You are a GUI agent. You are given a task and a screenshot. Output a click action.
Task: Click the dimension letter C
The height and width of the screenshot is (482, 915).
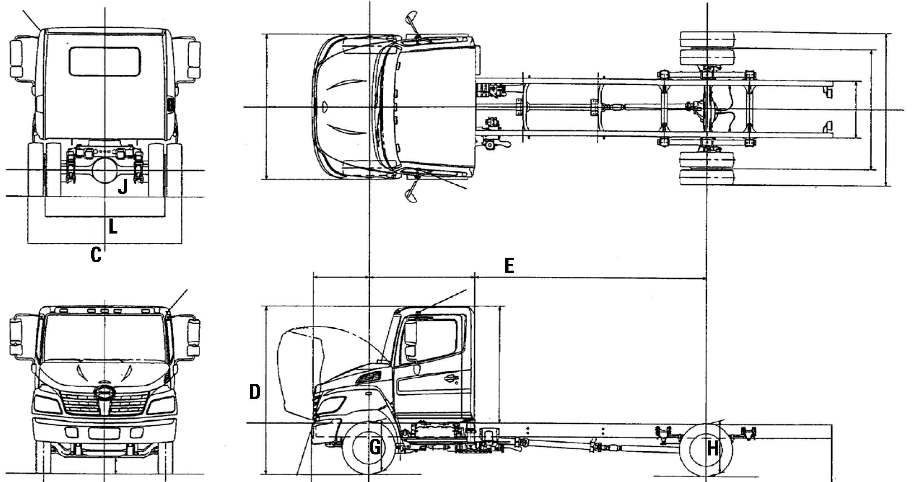96,255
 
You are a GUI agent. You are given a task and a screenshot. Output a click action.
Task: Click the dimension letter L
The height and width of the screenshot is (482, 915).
113,227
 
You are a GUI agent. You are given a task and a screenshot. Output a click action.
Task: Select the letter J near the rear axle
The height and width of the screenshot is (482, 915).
123,187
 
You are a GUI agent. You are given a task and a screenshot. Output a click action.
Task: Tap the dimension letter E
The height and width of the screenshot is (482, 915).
509,266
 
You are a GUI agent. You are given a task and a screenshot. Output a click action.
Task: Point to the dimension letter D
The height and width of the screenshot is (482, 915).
255,392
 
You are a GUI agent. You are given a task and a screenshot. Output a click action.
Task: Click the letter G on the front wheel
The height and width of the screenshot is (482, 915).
375,447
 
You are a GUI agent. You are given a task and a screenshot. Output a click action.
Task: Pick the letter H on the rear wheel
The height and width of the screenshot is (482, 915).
713,449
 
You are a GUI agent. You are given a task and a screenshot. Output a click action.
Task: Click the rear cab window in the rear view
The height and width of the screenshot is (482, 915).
105,62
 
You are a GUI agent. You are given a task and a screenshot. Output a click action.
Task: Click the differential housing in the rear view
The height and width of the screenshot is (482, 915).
105,171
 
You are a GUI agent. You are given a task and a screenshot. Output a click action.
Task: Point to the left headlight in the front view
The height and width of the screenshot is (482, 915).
47,404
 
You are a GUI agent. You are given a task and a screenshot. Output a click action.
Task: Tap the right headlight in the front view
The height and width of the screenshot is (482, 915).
161,404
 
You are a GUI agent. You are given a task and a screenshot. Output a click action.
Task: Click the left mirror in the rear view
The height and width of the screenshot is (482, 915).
16,59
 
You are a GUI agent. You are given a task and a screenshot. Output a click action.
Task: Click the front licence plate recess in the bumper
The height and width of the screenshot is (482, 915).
104,433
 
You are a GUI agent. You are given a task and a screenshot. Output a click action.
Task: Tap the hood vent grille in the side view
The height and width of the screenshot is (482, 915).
368,378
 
